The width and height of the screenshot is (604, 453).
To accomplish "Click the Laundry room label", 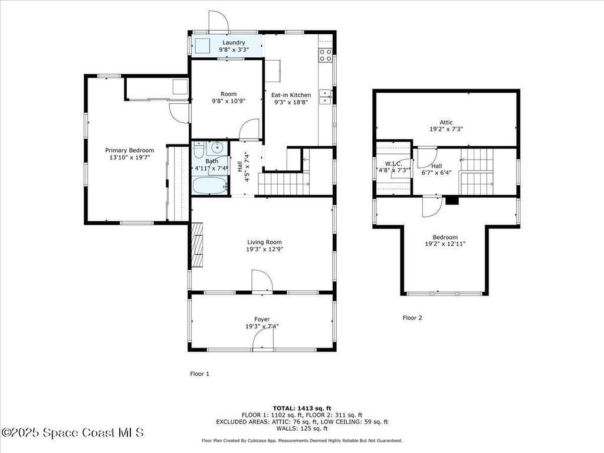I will [x=234, y=42].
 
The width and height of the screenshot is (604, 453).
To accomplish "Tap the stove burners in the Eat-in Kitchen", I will [x=325, y=55].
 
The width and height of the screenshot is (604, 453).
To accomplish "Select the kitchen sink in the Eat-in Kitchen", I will [x=325, y=97].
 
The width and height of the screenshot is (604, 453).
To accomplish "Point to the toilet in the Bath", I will [x=199, y=148].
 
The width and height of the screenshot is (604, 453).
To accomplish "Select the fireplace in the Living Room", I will [x=198, y=244].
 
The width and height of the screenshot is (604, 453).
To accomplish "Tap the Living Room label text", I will [x=264, y=241].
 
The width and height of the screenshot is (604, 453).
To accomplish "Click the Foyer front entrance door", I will [x=262, y=341].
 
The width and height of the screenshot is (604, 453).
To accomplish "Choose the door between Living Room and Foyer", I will [x=262, y=282].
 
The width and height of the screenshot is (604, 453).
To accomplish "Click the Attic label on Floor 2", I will [x=446, y=122].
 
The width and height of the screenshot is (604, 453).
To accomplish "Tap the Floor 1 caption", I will [x=199, y=373].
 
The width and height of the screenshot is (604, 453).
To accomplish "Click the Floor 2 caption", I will [x=412, y=317].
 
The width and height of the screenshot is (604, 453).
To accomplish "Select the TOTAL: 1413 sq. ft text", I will [x=302, y=408].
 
